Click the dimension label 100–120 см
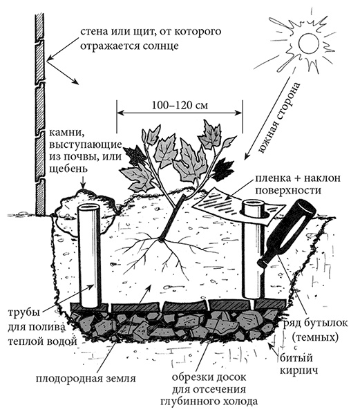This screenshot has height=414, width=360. [x=180, y=105]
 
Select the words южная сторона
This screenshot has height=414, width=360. [x=280, y=118]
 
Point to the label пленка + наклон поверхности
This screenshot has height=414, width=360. [x=297, y=184]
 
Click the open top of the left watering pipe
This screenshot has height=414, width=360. [x=89, y=208]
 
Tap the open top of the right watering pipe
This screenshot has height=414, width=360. [x=254, y=204]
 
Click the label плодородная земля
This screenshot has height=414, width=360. [x=86, y=379]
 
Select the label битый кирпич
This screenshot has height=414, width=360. [x=299, y=364]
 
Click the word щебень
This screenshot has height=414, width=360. [x=68, y=169]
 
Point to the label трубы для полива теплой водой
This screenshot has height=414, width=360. [x=43, y=328]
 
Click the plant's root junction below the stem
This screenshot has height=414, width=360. [x=160, y=240]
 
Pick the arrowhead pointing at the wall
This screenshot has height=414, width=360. [x=50, y=57]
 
